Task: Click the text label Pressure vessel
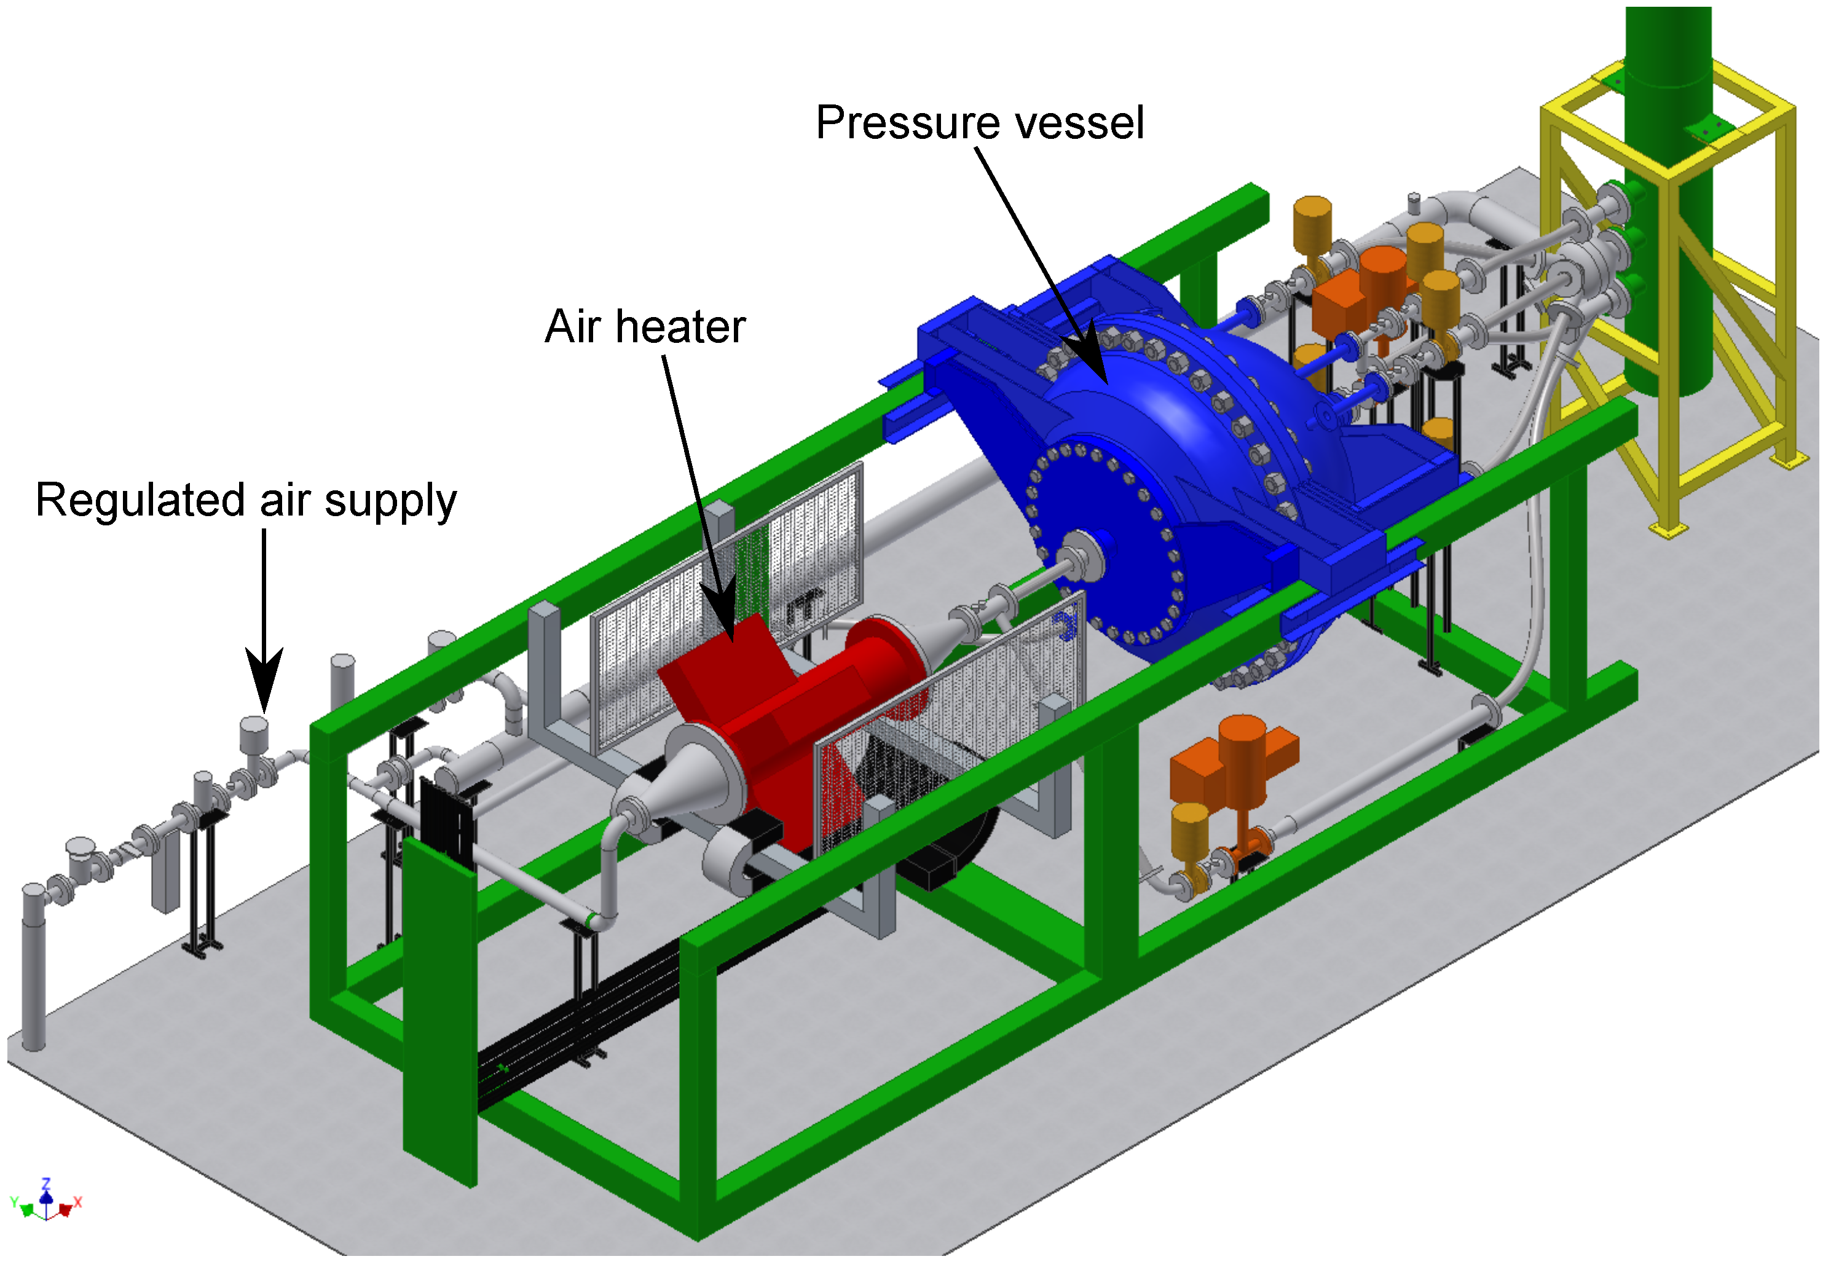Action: pyautogui.click(x=979, y=123)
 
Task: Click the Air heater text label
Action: pyautogui.click(x=645, y=326)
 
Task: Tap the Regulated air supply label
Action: pyautogui.click(x=246, y=500)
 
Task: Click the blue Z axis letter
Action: pyautogui.click(x=46, y=1183)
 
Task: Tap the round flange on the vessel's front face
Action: pyautogui.click(x=1080, y=555)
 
